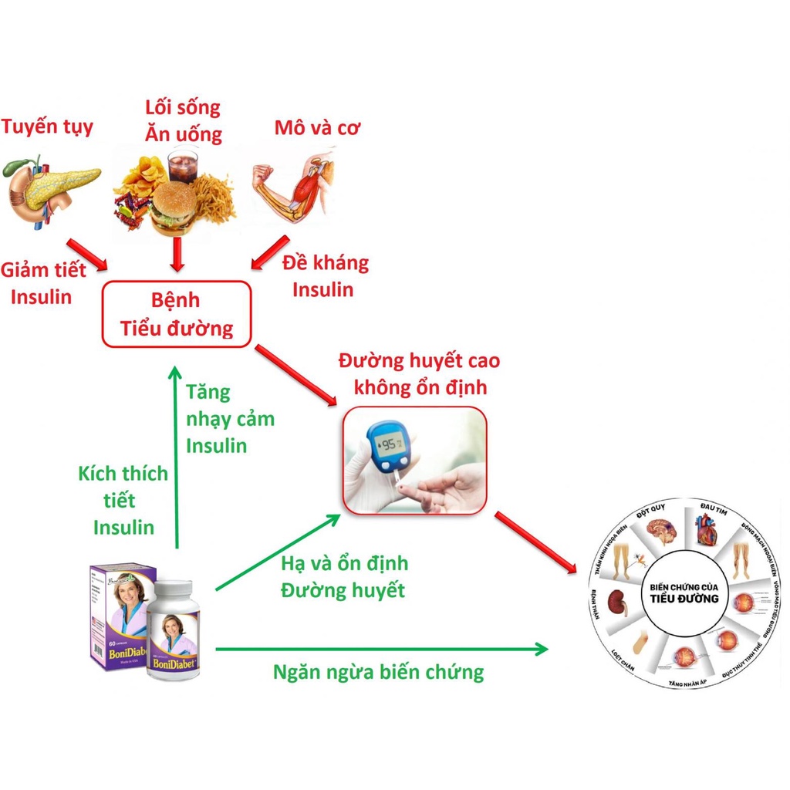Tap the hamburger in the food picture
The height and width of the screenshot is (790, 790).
174,206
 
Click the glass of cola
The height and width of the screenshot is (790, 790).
184,165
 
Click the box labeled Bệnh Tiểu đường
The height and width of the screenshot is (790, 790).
177,314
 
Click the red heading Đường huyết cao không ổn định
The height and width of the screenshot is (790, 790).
419,373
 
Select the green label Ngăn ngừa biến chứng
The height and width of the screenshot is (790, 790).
378,672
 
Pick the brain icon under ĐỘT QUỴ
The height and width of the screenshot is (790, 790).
660,531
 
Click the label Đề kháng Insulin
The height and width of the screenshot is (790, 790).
324,276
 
